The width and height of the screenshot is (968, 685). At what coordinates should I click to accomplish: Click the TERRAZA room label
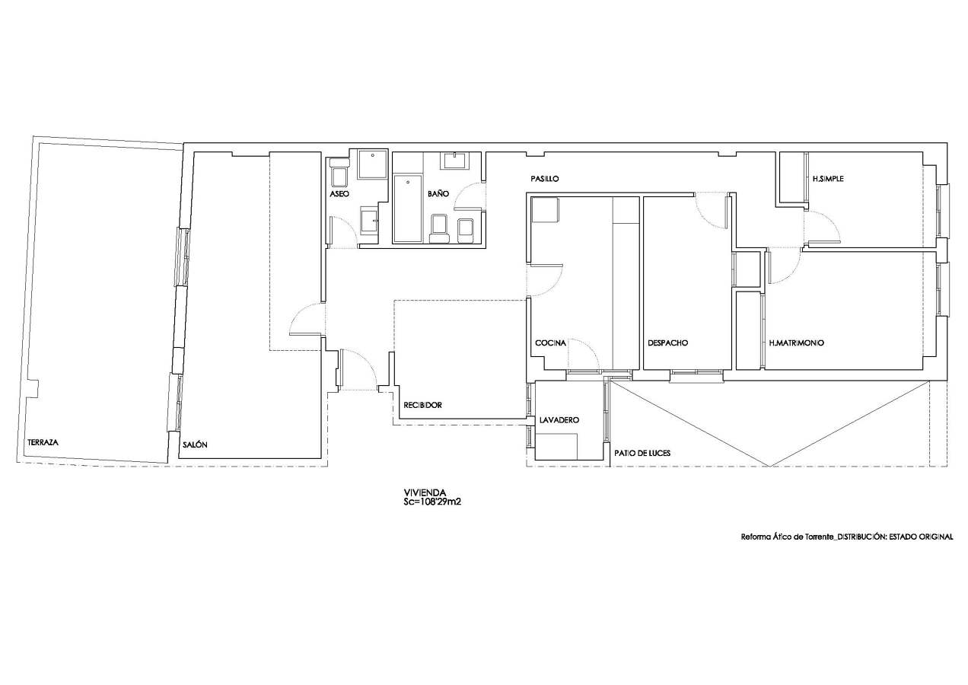coord(43,442)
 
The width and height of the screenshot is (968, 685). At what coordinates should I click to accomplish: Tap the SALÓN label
coord(195,444)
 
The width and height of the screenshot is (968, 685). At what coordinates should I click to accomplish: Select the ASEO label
coord(339,194)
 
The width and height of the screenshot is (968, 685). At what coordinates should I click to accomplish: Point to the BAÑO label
coord(438,193)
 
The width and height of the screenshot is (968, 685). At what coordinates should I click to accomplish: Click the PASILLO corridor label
coord(545,179)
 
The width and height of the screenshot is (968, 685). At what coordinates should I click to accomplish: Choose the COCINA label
coord(550,343)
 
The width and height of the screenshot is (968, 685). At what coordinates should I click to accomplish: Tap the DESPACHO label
coord(667,343)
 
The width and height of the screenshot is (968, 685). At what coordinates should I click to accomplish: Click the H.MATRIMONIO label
coord(797,343)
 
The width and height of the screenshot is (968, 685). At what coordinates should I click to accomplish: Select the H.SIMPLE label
coord(828,179)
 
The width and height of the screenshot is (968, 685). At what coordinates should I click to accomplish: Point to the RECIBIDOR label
coord(422,406)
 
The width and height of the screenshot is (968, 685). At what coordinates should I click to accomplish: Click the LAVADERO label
coord(559,420)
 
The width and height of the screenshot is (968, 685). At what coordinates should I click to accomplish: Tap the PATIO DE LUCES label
coord(642,453)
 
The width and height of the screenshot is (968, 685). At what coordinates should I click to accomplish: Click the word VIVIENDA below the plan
coord(425,492)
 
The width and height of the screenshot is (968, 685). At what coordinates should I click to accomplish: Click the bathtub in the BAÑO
coord(408,209)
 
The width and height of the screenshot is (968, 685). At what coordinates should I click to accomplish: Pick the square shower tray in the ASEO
coord(372,164)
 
